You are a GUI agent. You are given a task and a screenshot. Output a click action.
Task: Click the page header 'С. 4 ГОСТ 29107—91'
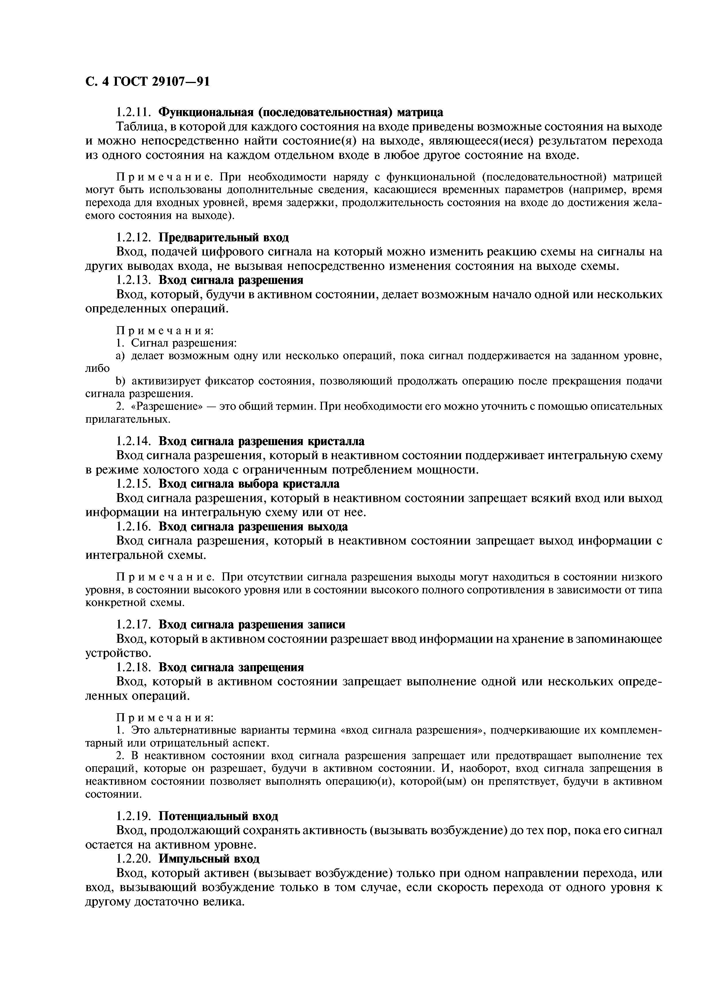(147, 82)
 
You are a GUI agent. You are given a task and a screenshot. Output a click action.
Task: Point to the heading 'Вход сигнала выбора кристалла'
(249, 484)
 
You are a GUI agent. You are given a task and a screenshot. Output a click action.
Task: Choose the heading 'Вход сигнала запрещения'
(231, 667)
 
